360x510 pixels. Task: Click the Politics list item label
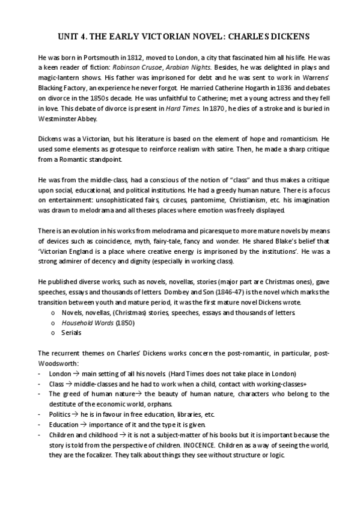coord(59,414)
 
